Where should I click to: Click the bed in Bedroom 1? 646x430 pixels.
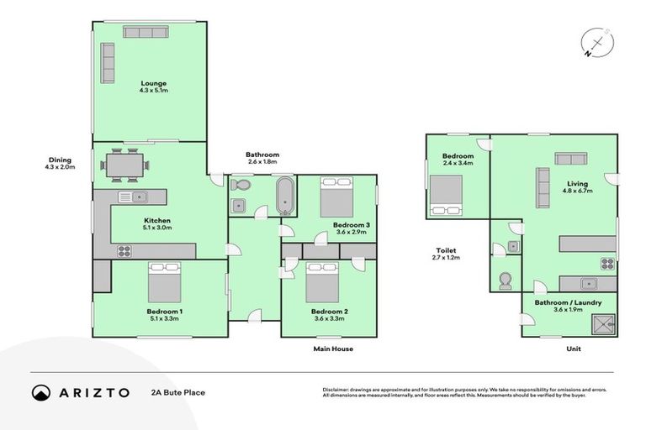click(164, 283)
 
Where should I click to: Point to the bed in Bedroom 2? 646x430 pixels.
click(321, 283)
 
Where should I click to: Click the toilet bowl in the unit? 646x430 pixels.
click(506, 281)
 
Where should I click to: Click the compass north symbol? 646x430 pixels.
click(596, 42)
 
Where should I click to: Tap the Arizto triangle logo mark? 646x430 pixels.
click(41, 392)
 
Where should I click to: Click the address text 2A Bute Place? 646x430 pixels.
click(177, 392)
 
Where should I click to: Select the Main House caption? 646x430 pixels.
click(333, 349)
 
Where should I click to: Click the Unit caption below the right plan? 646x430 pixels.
click(575, 349)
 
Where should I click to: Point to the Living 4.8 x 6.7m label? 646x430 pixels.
click(577, 187)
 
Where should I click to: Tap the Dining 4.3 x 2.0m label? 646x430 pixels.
click(60, 163)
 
